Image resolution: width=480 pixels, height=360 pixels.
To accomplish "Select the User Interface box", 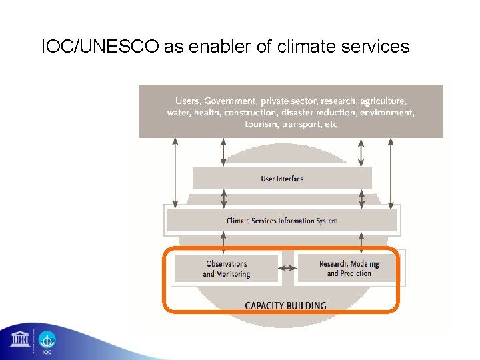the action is pos(282,179).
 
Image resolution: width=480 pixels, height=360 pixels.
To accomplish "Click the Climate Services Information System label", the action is pos(282,221).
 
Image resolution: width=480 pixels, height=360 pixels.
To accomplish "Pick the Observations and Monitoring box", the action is pos(226,269).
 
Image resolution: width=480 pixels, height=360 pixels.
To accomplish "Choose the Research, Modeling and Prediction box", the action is pos(349,269).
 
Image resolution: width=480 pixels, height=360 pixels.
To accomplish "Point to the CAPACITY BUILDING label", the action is pos(285,306).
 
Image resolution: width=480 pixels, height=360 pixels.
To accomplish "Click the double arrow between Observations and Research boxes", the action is pos(287,268).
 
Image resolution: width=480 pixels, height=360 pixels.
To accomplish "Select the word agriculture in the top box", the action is pos(382,101).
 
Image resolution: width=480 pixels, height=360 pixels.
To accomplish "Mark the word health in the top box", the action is pos(207,113).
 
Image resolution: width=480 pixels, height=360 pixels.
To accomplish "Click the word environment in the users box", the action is pos(387,113).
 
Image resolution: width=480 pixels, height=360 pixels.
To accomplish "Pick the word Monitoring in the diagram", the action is pos(232,274).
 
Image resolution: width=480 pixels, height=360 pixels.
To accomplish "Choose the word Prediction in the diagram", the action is pos(355,274).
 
